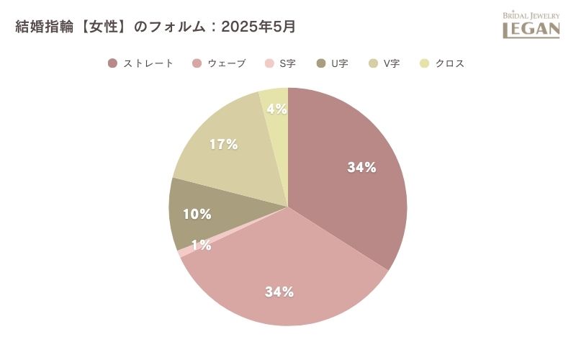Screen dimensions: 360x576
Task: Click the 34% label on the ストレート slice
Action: (361, 168)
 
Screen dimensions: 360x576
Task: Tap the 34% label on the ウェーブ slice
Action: (279, 292)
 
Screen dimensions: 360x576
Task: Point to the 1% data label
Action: (201, 246)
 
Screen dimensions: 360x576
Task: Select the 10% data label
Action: (197, 214)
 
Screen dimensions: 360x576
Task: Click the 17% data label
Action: (223, 144)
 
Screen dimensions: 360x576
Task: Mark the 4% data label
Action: (276, 109)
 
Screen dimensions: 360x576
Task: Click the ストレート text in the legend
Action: (148, 63)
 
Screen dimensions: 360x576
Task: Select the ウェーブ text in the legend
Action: (227, 63)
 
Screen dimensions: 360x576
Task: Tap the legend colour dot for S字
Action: (270, 63)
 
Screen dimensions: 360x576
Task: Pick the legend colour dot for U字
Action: (320, 63)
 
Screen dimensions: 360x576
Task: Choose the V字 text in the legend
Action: (391, 63)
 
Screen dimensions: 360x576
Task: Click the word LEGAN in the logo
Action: (531, 29)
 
